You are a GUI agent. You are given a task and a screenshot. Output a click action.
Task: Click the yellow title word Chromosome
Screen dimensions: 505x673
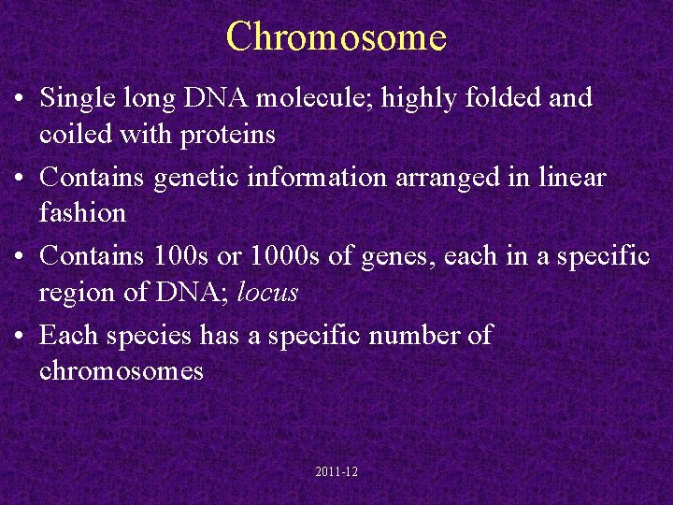coord(336,37)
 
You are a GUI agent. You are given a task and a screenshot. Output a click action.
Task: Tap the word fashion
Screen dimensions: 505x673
coord(82,213)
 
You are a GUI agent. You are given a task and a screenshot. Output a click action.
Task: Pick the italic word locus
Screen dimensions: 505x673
coord(267,292)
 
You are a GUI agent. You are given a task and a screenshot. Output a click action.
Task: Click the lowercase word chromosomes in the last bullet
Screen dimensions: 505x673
coord(121,370)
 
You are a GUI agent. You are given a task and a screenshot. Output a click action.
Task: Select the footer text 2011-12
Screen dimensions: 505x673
coord(336,472)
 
